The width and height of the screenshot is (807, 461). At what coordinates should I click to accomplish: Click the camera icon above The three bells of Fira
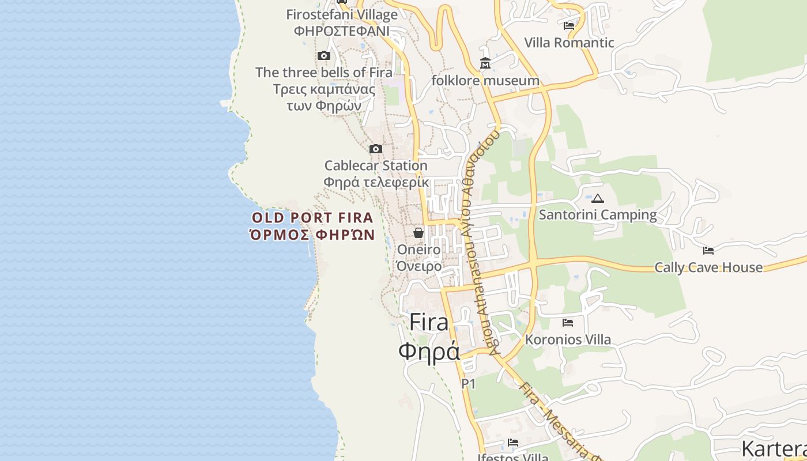click(x=324, y=56)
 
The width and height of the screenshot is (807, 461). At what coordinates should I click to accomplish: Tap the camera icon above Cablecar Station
click(x=376, y=149)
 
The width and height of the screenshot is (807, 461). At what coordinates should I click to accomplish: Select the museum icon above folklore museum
click(x=485, y=63)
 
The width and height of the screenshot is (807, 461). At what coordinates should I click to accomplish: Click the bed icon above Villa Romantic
click(x=569, y=26)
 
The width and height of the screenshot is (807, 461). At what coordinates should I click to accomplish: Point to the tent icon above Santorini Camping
click(x=598, y=199)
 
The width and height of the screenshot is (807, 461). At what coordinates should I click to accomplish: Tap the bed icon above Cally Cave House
click(x=708, y=251)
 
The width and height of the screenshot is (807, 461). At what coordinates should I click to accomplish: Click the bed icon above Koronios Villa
click(x=568, y=323)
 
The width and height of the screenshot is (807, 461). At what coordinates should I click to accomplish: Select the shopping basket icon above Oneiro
click(x=418, y=233)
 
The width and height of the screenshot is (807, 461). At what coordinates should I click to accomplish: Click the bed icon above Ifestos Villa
click(x=513, y=443)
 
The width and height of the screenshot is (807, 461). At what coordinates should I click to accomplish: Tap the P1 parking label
click(x=469, y=384)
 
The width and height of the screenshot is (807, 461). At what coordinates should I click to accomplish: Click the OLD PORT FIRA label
click(x=312, y=218)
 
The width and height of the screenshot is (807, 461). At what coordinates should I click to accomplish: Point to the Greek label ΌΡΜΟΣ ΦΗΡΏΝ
click(x=312, y=235)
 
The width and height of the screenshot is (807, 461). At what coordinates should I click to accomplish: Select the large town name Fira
click(x=429, y=323)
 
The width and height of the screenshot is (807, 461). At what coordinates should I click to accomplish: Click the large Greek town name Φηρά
click(x=429, y=351)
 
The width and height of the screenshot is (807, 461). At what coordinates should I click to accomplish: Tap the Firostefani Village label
click(x=342, y=15)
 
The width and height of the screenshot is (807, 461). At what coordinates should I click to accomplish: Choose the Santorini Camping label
click(x=598, y=215)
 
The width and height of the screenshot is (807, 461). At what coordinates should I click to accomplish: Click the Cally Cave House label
click(x=708, y=267)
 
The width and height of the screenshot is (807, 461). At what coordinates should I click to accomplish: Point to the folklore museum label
click(x=485, y=81)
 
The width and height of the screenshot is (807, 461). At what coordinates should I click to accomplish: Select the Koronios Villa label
click(x=568, y=339)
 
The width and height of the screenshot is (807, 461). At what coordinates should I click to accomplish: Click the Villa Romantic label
click(x=569, y=43)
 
